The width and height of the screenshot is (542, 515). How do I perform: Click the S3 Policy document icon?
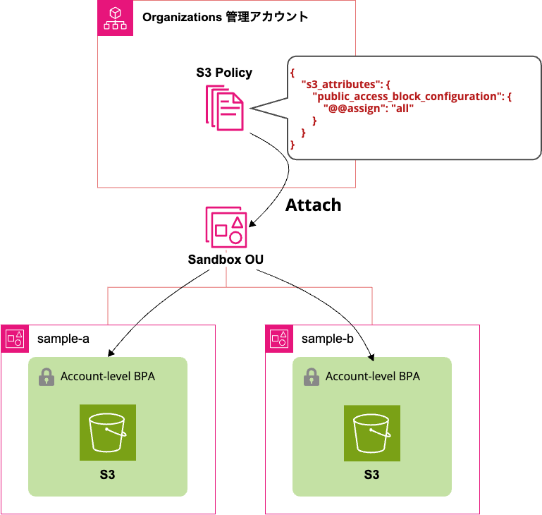click(225, 108)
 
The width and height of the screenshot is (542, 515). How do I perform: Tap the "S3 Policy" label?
click(224, 73)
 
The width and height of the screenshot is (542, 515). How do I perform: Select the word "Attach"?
click(313, 205)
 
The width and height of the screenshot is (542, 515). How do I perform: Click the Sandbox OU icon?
click(226, 226)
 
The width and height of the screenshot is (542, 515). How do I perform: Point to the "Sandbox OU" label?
click(226, 260)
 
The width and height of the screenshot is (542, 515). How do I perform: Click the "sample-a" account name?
click(63, 339)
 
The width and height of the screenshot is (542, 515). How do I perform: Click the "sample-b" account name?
click(327, 339)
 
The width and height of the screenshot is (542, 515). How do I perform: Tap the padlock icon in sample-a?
click(47, 377)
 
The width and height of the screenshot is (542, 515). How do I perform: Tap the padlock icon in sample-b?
click(311, 377)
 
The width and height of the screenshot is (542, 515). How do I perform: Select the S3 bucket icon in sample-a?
click(107, 432)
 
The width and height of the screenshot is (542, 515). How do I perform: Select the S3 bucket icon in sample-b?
click(371, 432)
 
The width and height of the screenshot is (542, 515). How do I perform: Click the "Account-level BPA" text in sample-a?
click(108, 377)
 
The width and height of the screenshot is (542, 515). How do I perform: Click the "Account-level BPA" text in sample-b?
click(372, 377)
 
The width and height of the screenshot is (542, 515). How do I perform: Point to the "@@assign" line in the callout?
click(368, 109)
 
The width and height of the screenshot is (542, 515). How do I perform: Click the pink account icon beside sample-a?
click(16, 339)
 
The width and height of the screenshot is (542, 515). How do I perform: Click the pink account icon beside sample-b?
click(279, 339)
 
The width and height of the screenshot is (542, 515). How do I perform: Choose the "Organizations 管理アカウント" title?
click(225, 17)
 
